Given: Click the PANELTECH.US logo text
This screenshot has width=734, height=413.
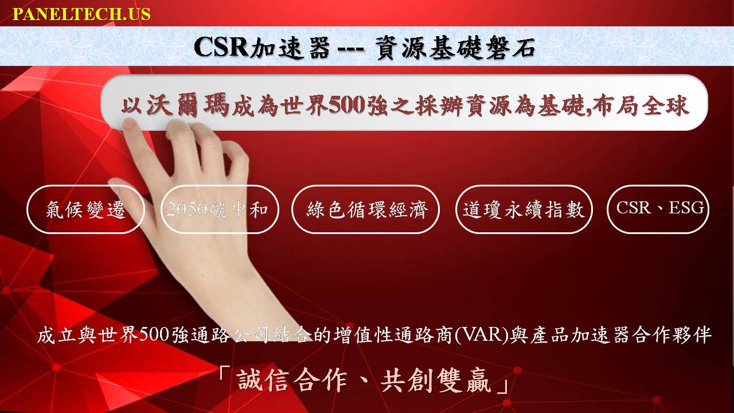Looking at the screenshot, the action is coord(81,14).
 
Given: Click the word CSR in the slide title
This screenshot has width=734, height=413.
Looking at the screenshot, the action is coord(221,47).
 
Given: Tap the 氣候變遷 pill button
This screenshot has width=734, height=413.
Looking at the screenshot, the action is coord(85,209).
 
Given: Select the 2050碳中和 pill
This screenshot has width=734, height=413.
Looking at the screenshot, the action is coord(220,209).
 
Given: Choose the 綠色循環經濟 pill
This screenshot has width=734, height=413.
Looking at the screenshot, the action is coord(365,209).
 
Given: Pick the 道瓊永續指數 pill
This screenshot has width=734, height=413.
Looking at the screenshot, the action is coord(524,209).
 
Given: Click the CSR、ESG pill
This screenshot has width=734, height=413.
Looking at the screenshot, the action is coord(658,209).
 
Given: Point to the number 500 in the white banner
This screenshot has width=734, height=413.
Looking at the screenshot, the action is coord(347,106).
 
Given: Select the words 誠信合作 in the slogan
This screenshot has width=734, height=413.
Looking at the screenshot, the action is coord(292,380).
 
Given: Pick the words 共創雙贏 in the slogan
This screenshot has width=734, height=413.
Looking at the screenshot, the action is coord(436,380).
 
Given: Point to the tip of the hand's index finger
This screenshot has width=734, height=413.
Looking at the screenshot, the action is coord(128,122).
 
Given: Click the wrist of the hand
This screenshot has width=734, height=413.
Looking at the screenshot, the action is coord(249,295).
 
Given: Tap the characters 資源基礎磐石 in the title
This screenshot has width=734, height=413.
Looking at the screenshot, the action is coord(456,48).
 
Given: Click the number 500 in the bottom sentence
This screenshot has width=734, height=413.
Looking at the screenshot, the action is coord(154,335).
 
